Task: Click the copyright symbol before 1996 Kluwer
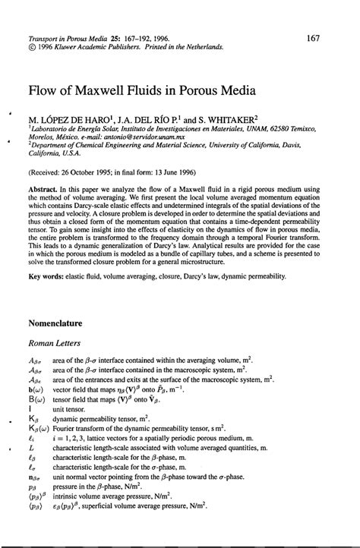point(30,46)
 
